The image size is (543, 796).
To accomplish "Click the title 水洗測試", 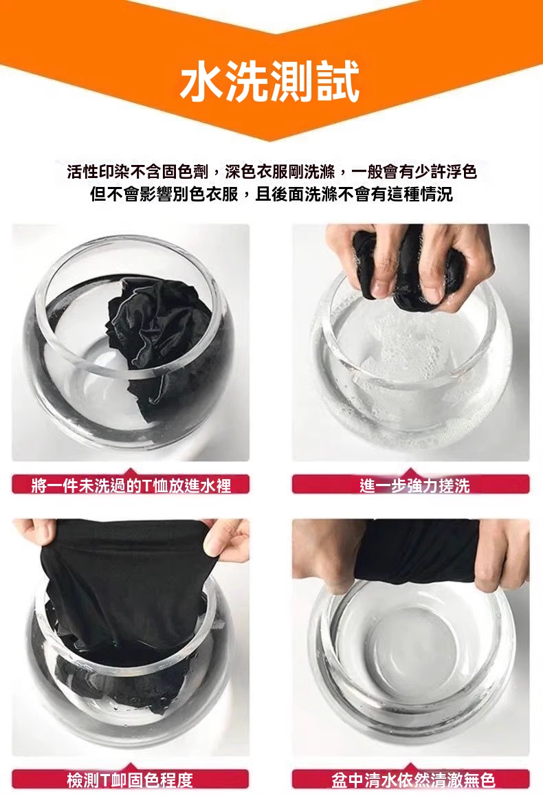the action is pyautogui.click(x=270, y=81).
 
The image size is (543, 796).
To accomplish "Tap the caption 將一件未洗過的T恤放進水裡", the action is pyautogui.click(x=131, y=486).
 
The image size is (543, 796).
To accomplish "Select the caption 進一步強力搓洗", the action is pyautogui.click(x=414, y=486).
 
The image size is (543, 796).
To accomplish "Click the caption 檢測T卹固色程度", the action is pyautogui.click(x=130, y=780).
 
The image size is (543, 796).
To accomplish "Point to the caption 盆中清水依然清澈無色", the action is pyautogui.click(x=413, y=780).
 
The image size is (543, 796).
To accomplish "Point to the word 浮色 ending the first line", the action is pyautogui.click(x=462, y=173).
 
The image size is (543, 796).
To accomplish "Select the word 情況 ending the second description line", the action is pyautogui.click(x=436, y=194).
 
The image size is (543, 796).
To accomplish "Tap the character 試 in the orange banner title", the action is pyautogui.click(x=338, y=81).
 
